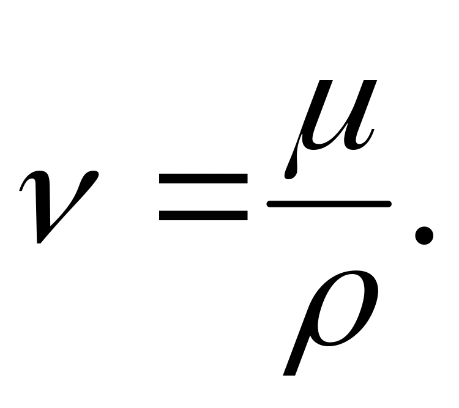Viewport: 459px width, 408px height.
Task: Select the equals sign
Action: pyautogui.click(x=203, y=197)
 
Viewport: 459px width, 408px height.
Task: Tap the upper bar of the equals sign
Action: pyautogui.click(x=203, y=179)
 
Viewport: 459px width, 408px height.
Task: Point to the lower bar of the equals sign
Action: pyautogui.click(x=203, y=215)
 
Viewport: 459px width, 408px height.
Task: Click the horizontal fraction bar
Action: pyautogui.click(x=329, y=204)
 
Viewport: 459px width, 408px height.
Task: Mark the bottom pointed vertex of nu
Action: pyautogui.click(x=40, y=241)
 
